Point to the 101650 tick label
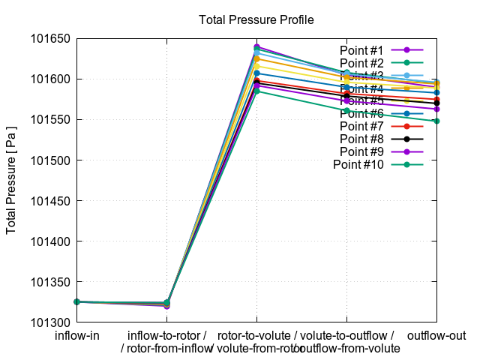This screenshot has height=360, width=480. point(49,38)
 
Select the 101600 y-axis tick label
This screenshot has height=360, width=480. point(49,79)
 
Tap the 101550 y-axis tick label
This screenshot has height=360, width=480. point(49,120)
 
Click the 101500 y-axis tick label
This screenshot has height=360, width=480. point(49,160)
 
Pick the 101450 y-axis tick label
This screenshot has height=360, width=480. point(49,201)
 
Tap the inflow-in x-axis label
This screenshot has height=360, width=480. point(76,335)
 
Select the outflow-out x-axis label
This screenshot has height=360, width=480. point(436,335)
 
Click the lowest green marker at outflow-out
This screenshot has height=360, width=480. point(436,121)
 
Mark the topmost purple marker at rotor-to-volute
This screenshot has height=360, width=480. point(256,47)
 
